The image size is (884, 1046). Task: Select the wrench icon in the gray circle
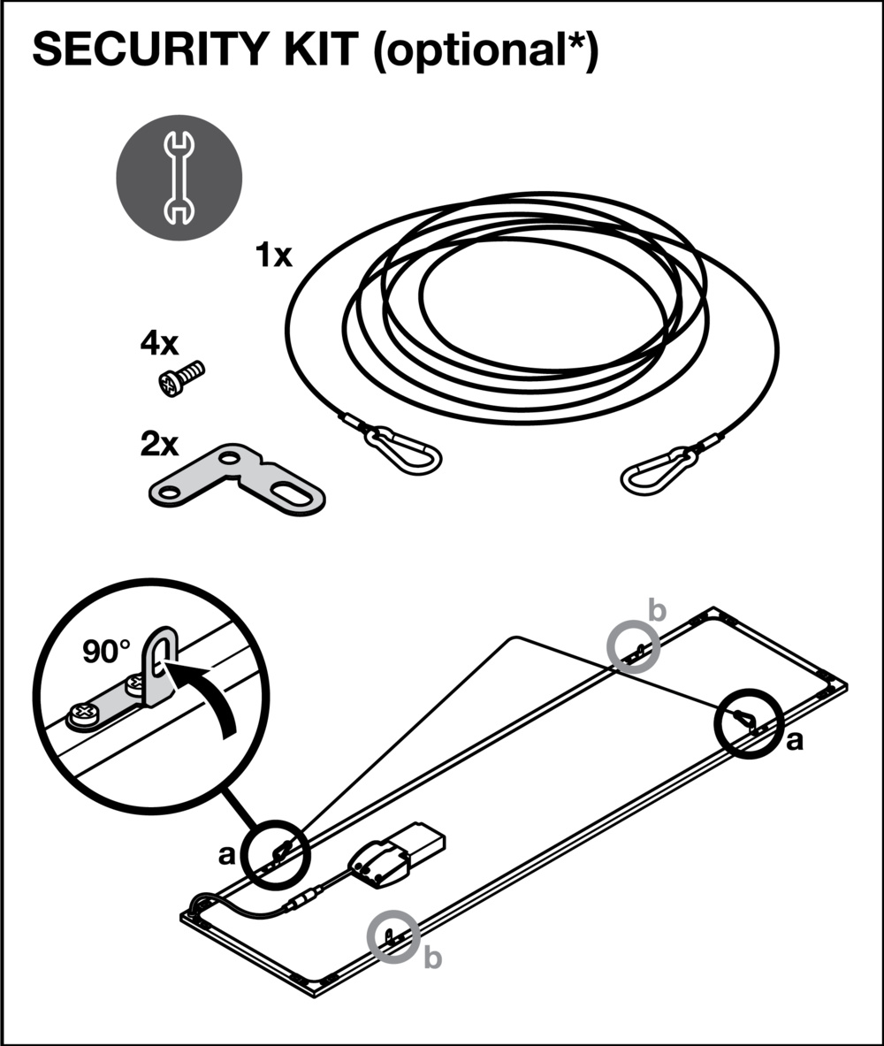point(179,177)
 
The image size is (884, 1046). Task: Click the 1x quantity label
point(272,256)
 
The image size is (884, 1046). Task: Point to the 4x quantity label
point(159,344)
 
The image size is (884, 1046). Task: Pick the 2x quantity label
point(159,444)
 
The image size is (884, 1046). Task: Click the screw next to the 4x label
point(180,378)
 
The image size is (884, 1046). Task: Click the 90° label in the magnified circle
point(106,652)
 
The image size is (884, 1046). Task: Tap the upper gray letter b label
point(657,610)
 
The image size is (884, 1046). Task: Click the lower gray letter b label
point(432,957)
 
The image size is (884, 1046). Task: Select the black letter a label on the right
point(795,741)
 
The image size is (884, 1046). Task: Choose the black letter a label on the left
point(227,854)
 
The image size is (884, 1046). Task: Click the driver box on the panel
point(399,853)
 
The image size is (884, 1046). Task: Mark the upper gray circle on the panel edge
point(634,646)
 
